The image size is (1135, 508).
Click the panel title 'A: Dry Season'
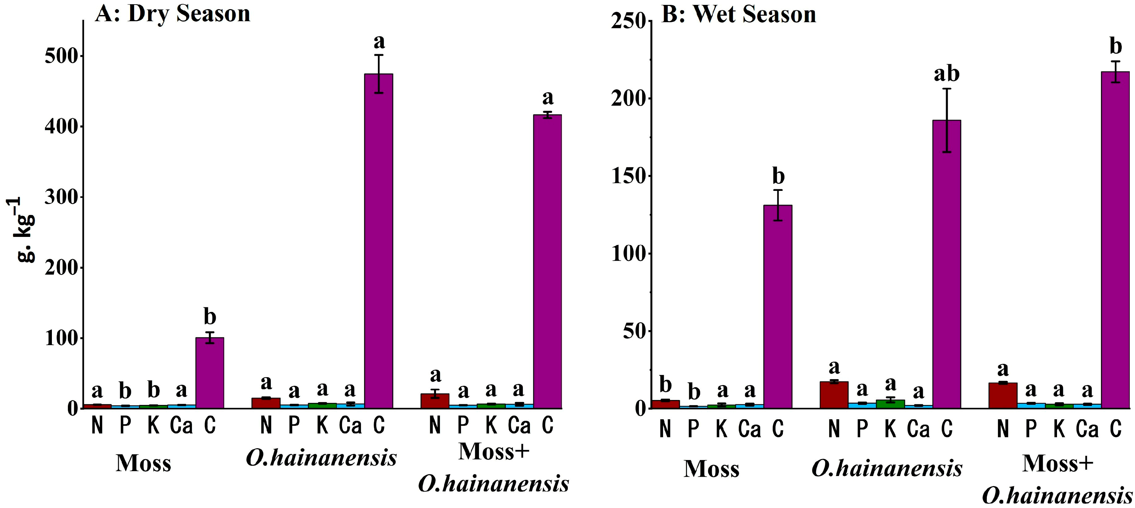[172, 14]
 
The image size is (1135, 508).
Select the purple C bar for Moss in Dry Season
[210, 373]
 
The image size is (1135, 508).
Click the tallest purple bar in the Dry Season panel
[379, 241]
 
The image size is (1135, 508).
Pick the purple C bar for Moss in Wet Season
[778, 307]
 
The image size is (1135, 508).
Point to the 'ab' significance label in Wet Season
[946, 74]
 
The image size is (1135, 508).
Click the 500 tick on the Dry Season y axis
[61, 56]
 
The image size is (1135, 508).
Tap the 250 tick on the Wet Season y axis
[628, 21]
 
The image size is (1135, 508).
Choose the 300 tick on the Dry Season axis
[61, 197]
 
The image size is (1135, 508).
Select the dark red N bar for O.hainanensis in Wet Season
[833, 395]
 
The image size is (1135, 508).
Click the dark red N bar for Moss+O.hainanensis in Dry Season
[435, 401]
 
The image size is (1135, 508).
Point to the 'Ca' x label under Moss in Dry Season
[181, 425]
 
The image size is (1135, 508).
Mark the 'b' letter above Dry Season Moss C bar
[210, 317]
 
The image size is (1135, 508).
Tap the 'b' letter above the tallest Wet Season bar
[1115, 46]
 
